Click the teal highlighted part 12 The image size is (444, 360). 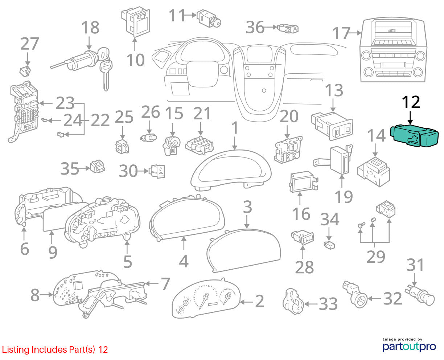coord(414,136)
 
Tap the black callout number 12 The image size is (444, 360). coord(411,102)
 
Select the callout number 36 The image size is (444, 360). coord(255,27)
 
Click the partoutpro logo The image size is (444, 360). coord(409,347)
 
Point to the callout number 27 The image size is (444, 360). coord(30,44)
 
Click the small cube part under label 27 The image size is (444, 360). coord(25,71)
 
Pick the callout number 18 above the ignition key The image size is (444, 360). coord(90,27)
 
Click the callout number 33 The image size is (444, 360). coord(328,304)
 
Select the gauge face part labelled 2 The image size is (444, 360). coord(206,298)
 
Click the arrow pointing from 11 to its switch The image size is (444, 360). coord(190,15)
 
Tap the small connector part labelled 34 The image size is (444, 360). coord(329,245)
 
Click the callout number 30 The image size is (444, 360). coord(128,171)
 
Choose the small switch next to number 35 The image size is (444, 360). coord(97,166)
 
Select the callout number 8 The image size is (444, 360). coord(35,295)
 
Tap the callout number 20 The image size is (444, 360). coord(289,116)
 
